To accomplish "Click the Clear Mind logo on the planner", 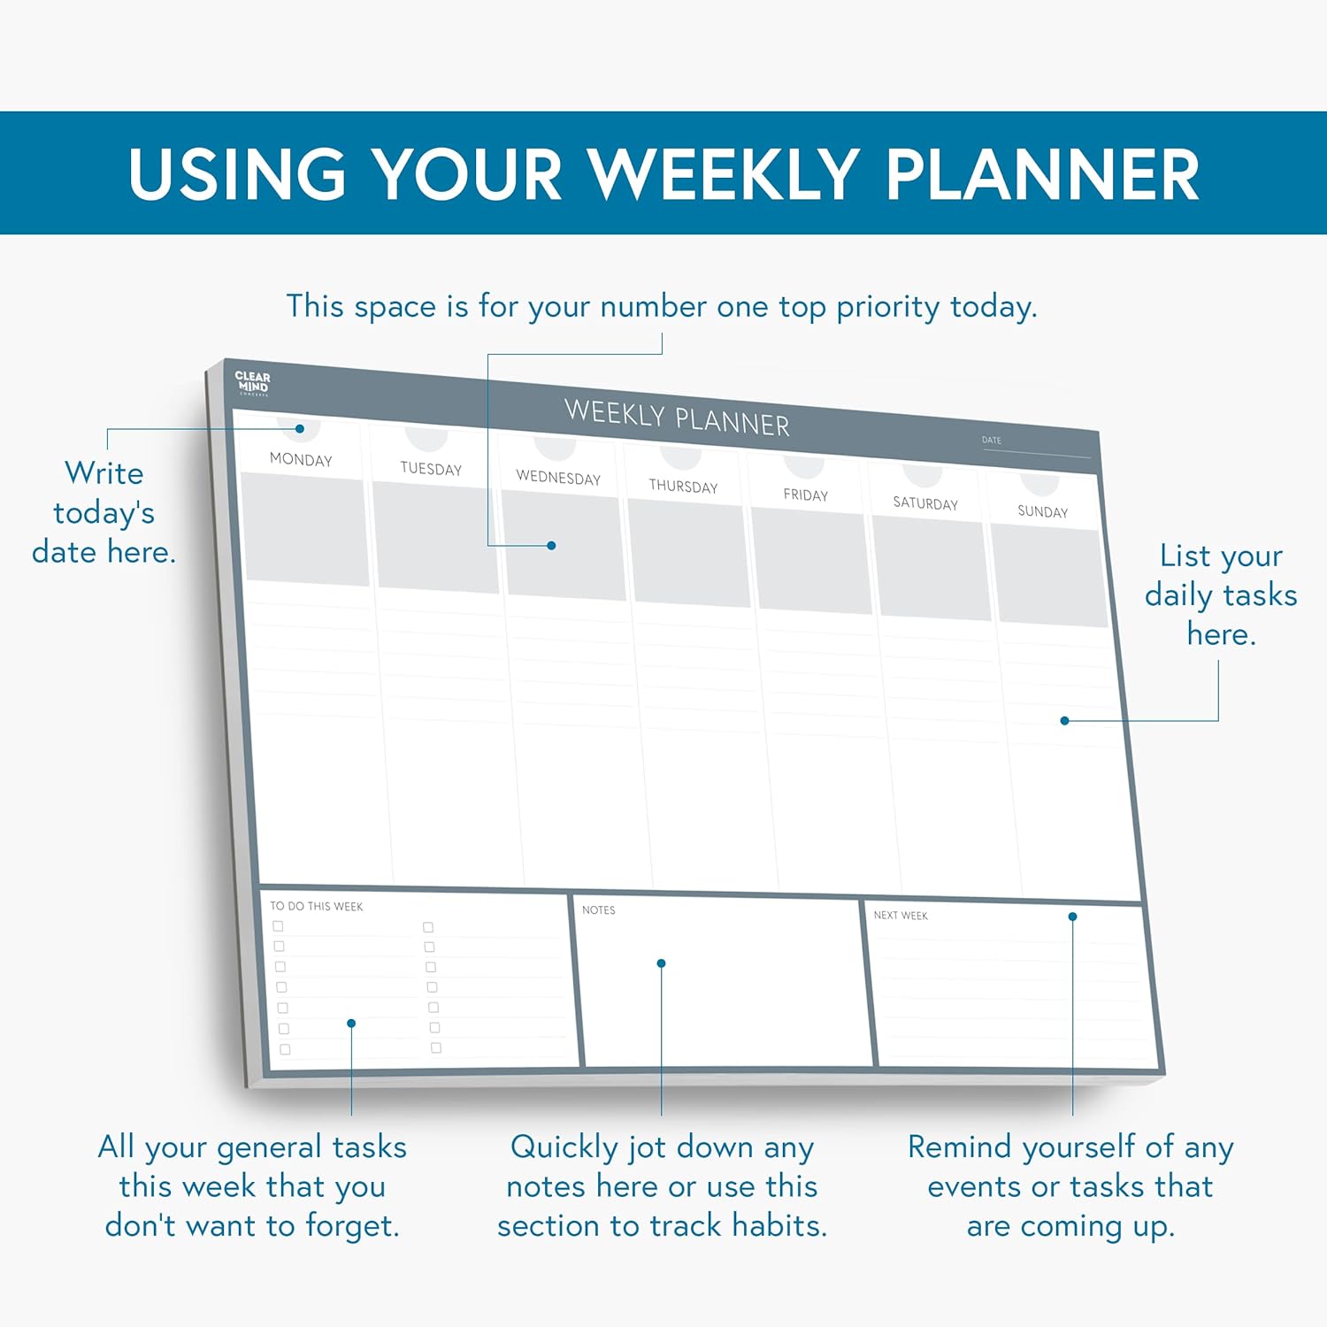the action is tap(252, 383).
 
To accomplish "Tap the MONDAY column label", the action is tap(301, 459).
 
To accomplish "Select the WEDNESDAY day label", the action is tap(558, 478).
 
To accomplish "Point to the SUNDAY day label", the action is tap(1043, 511).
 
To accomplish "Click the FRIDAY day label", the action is tap(806, 495).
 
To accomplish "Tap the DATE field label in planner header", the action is tap(992, 440).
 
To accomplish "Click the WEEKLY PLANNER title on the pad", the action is tap(677, 418).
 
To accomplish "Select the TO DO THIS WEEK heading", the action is tap(317, 906).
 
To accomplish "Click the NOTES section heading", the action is tap(599, 909).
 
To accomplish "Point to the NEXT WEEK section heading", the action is tap(901, 916).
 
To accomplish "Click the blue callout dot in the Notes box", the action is tap(661, 963).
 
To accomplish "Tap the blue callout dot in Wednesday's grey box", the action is tap(551, 546).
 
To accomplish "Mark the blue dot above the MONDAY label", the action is tap(300, 429).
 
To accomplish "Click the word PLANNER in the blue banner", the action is tap(1042, 173).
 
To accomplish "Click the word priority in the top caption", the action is tap(888, 307).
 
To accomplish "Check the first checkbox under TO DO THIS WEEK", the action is tap(278, 926).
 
